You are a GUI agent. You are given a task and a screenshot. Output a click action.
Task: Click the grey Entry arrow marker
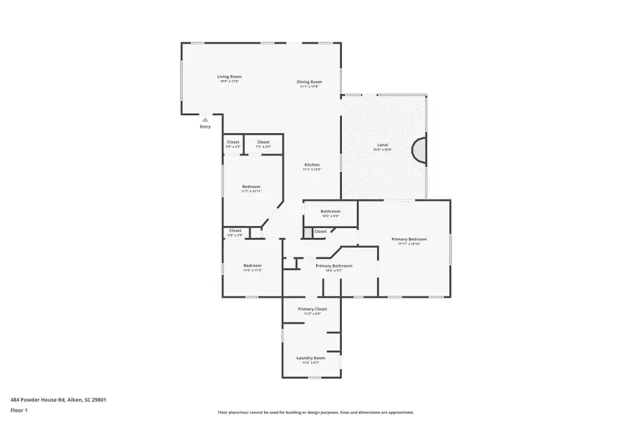(x=205, y=119)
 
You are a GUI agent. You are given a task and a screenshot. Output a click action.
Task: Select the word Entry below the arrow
(x=205, y=127)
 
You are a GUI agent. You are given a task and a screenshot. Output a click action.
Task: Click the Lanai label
(x=382, y=145)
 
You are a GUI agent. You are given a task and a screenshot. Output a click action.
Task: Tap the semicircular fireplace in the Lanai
(x=419, y=151)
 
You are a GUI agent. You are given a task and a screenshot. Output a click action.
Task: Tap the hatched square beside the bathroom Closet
(x=307, y=231)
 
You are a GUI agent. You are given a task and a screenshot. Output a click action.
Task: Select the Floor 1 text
(x=18, y=410)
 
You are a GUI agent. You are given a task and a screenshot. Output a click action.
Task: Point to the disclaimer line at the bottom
(x=315, y=413)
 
